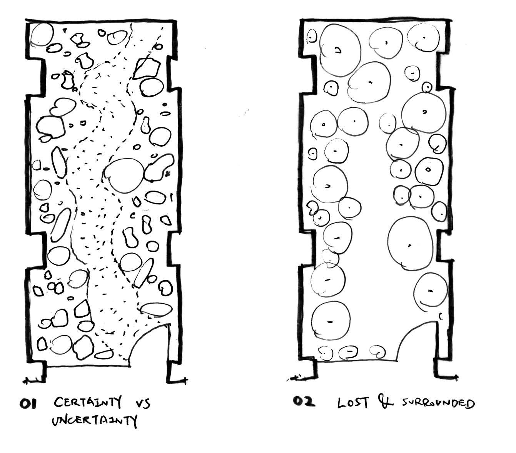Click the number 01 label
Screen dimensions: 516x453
click(28, 404)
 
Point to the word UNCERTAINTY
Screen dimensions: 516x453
click(94, 420)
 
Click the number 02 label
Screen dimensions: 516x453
click(304, 402)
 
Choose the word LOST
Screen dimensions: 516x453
click(353, 403)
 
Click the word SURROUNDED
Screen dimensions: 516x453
click(438, 404)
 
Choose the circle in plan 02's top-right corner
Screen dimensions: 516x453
click(423, 38)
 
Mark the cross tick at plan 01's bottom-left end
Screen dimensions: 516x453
click(27, 381)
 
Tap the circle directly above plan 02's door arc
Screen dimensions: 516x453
click(430, 290)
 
